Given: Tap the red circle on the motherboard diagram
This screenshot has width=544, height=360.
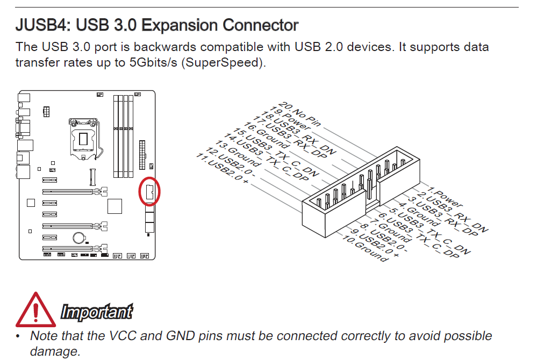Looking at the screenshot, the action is coord(149,191).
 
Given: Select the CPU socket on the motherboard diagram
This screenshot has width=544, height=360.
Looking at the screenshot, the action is coord(84,139).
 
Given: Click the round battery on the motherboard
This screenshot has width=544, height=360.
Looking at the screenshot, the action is coord(79,238).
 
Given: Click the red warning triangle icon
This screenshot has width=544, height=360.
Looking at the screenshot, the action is coord(35,309).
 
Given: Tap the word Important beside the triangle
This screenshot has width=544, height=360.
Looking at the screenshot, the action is coord(97,311).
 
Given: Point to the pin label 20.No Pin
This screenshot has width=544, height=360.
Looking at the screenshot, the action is coord(300,114).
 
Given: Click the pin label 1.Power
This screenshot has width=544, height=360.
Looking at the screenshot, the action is coord(445,197).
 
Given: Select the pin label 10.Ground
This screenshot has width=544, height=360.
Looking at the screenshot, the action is coord(364,248).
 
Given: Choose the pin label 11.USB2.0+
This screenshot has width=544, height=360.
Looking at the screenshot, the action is coord(222,168).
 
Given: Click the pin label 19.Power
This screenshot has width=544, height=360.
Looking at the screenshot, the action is coord(290,119).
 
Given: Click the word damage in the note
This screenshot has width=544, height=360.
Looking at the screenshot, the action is coord(55,351).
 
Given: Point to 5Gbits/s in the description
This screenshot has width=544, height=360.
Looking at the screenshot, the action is coord(153,62).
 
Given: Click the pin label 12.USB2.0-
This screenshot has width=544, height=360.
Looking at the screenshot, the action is coord(231,162).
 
